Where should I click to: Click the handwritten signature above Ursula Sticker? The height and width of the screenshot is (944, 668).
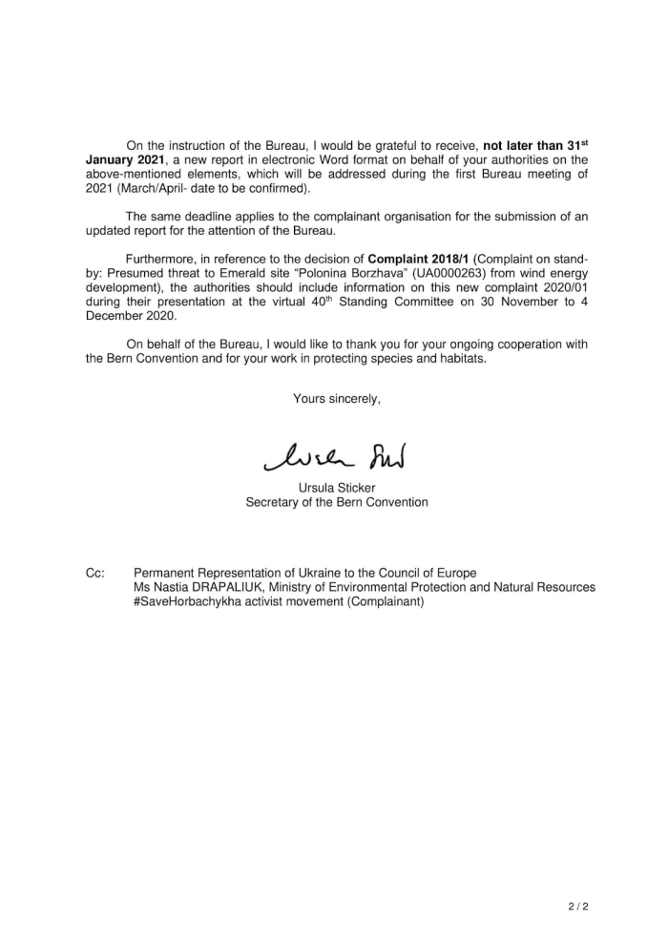click(x=335, y=460)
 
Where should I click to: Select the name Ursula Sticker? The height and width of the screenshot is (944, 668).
click(x=337, y=488)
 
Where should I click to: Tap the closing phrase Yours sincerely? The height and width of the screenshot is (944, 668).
click(x=337, y=399)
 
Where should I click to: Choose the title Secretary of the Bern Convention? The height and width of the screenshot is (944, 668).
click(x=337, y=502)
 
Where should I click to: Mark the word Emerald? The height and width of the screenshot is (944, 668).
click(x=205, y=274)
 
